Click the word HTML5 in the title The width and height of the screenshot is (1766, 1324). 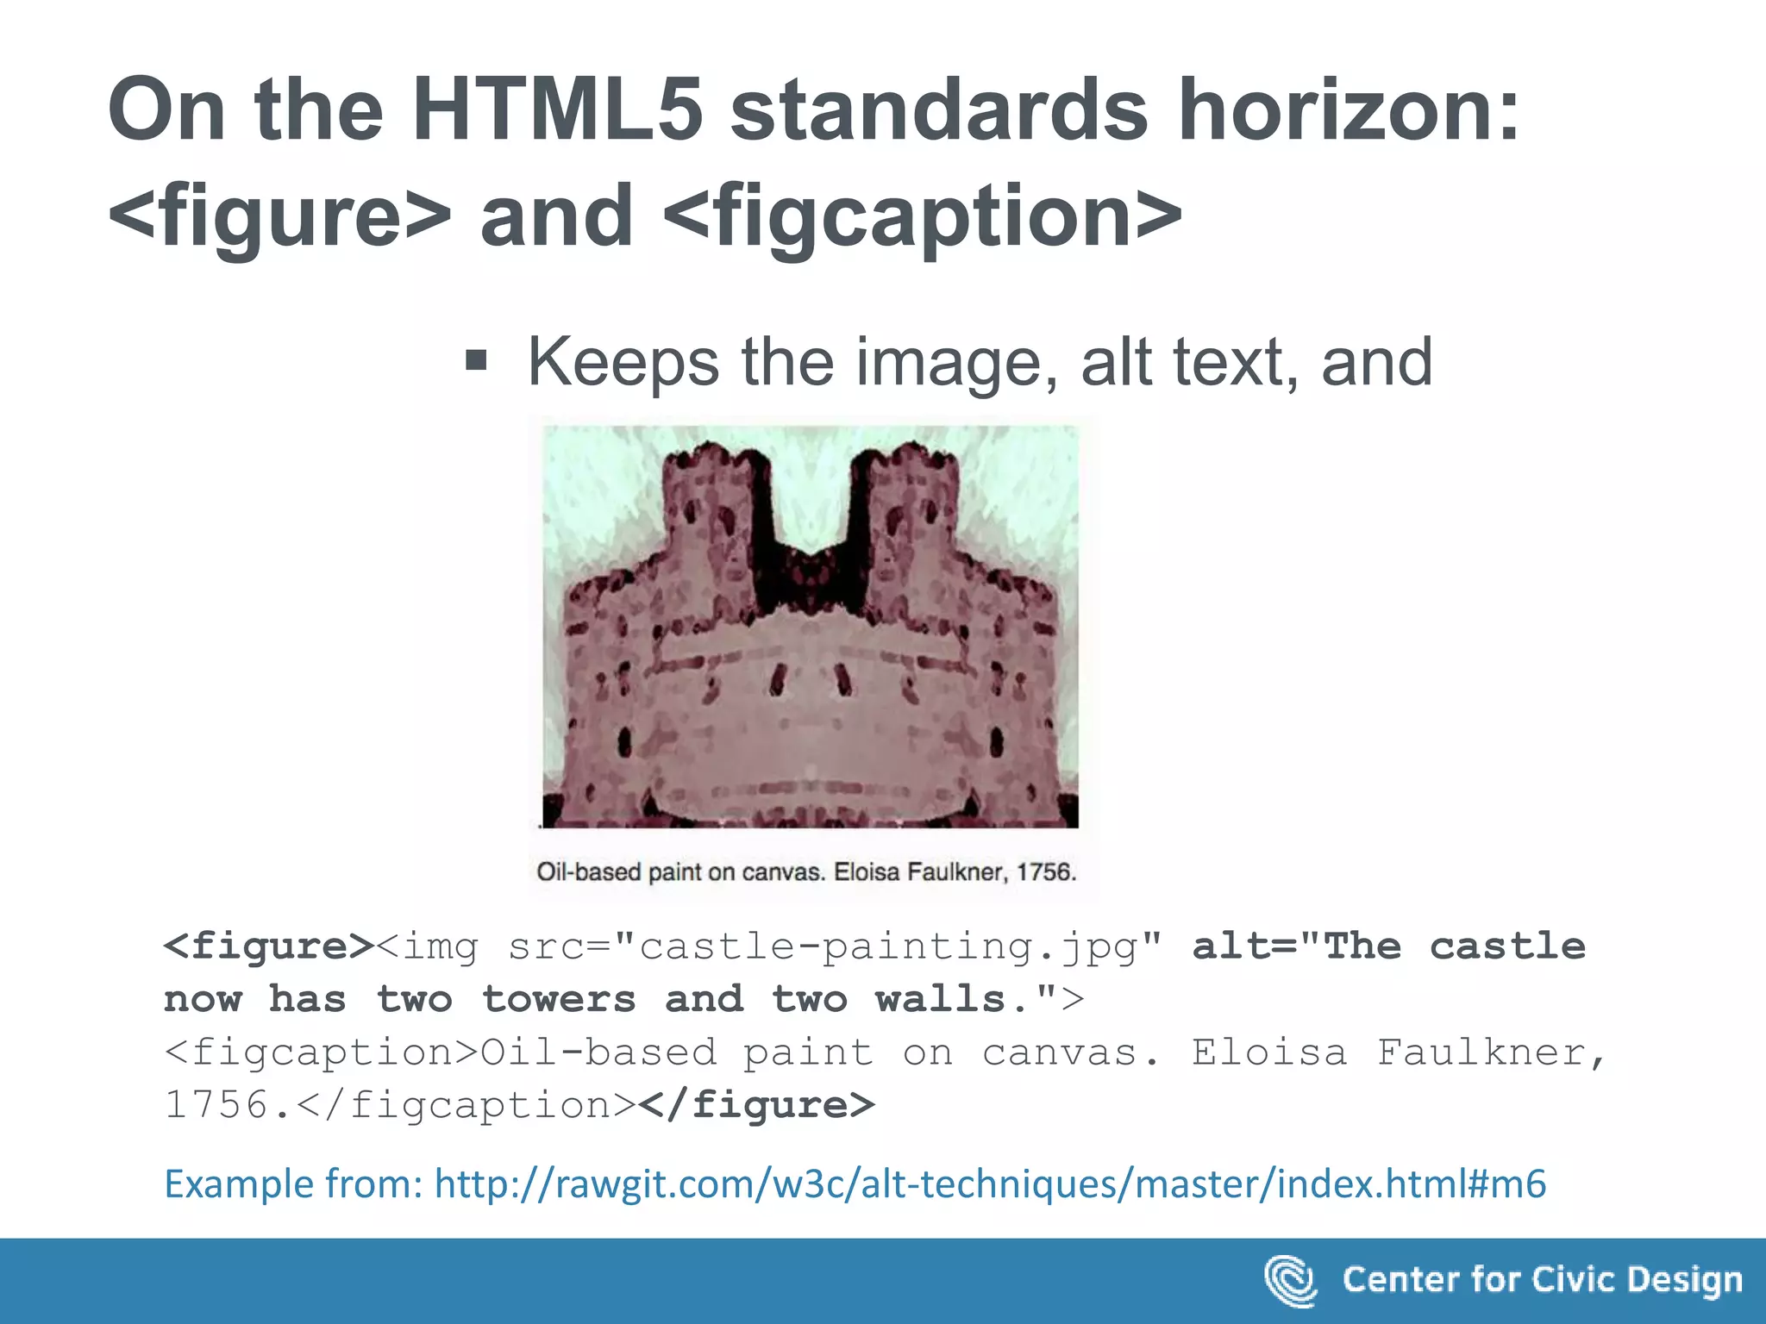[557, 110]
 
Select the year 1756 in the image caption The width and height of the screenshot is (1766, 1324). [1046, 872]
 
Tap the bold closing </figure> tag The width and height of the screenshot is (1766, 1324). [757, 1105]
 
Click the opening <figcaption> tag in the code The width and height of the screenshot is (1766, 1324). [321, 1052]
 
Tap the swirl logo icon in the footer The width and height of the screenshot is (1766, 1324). [1290, 1281]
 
